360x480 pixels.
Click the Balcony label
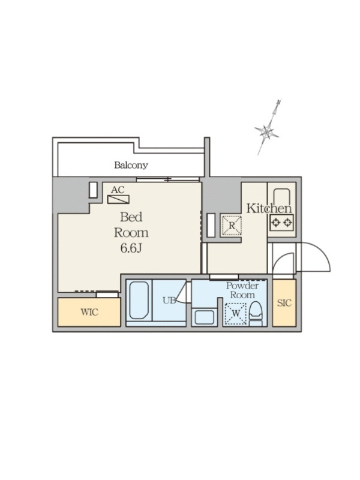tap(131, 166)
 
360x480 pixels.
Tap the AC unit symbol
tap(118, 200)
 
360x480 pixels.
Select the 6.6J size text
tap(131, 248)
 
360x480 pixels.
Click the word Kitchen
tap(269, 208)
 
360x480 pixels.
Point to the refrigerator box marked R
tap(232, 226)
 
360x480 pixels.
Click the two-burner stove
tap(281, 223)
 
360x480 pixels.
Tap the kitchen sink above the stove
tap(281, 199)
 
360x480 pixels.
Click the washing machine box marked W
tap(236, 313)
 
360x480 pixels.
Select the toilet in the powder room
tap(256, 313)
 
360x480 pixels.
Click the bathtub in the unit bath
tap(139, 301)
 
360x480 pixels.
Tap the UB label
tap(169, 301)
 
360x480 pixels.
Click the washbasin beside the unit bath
tap(204, 317)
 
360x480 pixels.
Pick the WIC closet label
tap(89, 312)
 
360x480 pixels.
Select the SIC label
tap(284, 303)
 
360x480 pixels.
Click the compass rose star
tap(266, 132)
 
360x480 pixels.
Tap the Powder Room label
tap(242, 290)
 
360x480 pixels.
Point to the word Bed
tap(131, 217)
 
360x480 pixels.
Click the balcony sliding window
tap(168, 179)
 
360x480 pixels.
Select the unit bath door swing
tap(182, 293)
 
